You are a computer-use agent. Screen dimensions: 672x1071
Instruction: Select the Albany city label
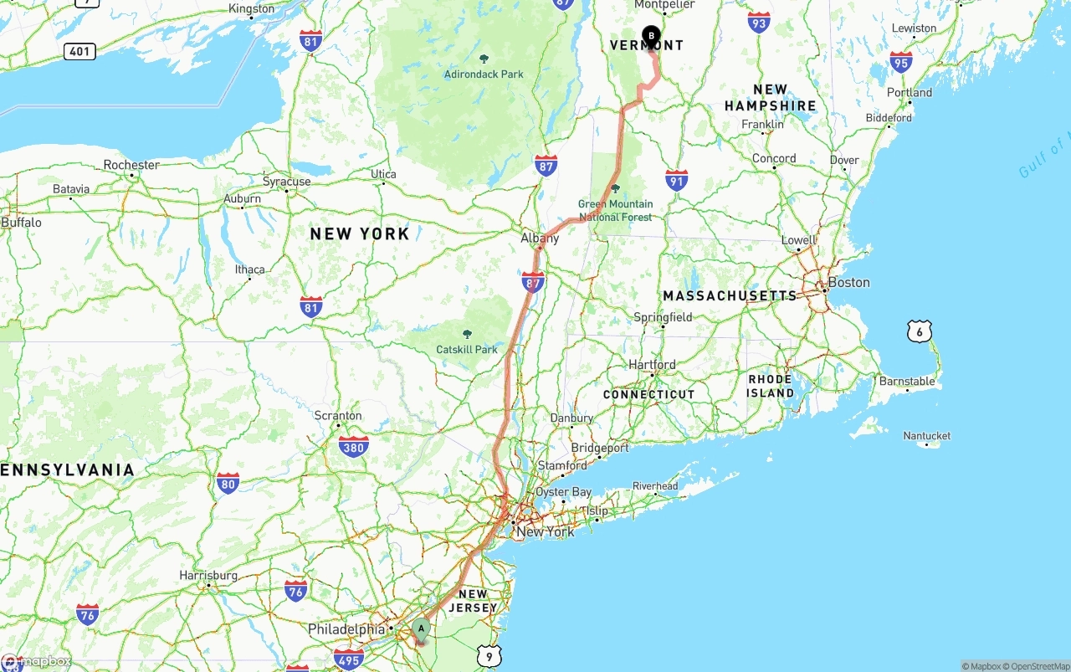pyautogui.click(x=540, y=239)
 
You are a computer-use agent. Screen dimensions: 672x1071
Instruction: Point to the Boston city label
pyautogui.click(x=849, y=283)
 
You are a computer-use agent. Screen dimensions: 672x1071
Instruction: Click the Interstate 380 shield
pyautogui.click(x=354, y=447)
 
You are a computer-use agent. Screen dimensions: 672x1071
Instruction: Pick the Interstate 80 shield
pyautogui.click(x=228, y=482)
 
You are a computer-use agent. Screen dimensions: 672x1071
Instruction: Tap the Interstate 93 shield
pyautogui.click(x=759, y=22)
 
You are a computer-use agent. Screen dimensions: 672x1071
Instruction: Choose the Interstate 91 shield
pyautogui.click(x=677, y=180)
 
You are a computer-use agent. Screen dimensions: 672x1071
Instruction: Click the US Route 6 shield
pyautogui.click(x=919, y=331)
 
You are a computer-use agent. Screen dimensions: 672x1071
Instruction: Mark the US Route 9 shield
pyautogui.click(x=489, y=656)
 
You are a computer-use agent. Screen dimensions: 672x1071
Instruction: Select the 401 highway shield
pyautogui.click(x=79, y=52)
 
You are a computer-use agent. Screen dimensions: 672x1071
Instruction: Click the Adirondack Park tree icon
pyautogui.click(x=484, y=59)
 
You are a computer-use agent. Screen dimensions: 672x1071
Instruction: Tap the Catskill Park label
pyautogui.click(x=467, y=349)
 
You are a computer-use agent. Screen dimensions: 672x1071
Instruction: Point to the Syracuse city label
pyautogui.click(x=287, y=182)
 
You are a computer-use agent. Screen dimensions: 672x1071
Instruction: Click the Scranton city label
pyautogui.click(x=338, y=416)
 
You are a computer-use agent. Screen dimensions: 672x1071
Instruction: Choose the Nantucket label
pyautogui.click(x=927, y=436)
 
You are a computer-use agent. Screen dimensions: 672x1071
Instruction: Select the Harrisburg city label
pyautogui.click(x=208, y=576)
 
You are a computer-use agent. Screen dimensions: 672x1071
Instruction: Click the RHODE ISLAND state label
pyautogui.click(x=770, y=386)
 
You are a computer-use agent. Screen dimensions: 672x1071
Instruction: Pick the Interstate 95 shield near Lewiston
pyautogui.click(x=901, y=62)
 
